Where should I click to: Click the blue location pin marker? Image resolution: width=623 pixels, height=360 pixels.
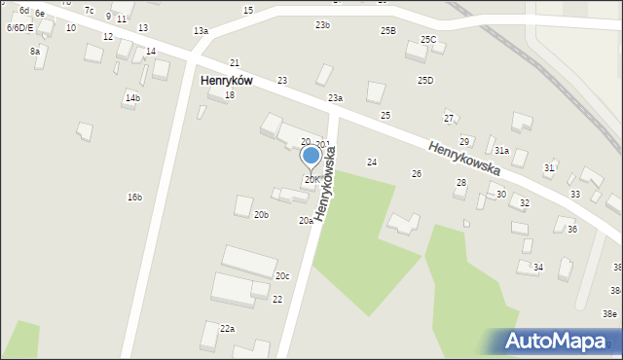pos(311,156)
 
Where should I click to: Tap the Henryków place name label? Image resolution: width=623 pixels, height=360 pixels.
pos(227,81)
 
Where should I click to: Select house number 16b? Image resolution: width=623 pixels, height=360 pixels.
pos(134,198)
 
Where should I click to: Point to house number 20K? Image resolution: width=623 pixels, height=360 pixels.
pos(311,180)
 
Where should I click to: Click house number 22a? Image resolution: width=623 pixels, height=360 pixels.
pos(227,329)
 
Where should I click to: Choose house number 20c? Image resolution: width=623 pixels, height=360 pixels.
pos(281,276)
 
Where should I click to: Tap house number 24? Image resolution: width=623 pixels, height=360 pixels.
pos(371,162)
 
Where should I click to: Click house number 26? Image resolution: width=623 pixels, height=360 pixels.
pos(417,173)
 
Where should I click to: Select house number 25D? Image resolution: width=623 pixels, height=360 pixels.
pos(425,80)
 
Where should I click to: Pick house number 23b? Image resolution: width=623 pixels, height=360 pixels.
pos(322,25)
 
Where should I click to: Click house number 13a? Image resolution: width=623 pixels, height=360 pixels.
pos(201,31)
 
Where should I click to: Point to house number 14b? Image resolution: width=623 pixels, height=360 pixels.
pos(132,98)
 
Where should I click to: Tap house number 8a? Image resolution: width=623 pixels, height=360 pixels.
pos(35,51)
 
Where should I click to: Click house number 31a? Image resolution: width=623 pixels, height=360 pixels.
pos(501,151)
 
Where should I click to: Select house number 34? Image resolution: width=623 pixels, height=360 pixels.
pos(538,267)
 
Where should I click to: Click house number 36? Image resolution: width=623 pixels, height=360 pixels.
pos(572,229)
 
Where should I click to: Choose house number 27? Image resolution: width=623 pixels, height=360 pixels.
pos(449,119)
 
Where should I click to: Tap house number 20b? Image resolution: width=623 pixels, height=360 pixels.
pos(261,214)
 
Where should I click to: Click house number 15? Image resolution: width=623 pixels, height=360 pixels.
pos(248,10)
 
